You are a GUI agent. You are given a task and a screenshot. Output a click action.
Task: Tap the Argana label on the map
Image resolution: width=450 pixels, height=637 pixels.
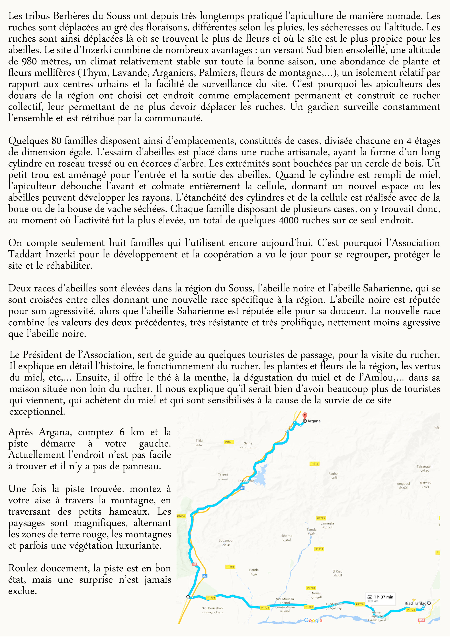tap(314, 421)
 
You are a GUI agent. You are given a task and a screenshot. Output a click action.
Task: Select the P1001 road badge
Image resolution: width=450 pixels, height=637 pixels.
tap(229, 442)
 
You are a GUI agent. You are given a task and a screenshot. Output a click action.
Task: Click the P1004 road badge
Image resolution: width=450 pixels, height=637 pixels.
tap(181, 516)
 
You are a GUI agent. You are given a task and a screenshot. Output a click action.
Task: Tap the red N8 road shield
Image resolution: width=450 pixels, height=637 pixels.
tap(194, 564)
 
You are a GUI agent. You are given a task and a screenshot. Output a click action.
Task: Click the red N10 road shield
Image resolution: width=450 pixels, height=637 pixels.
tap(421, 620)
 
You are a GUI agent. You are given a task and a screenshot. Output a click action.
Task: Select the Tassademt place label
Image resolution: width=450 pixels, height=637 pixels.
tap(246, 481)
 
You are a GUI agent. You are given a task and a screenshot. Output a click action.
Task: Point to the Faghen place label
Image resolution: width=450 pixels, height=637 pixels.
tap(334, 474)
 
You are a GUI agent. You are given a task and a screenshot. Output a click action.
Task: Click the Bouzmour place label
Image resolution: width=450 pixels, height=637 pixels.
tap(226, 540)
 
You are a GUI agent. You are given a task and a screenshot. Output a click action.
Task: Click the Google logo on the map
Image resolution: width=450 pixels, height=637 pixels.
tap(313, 620)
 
